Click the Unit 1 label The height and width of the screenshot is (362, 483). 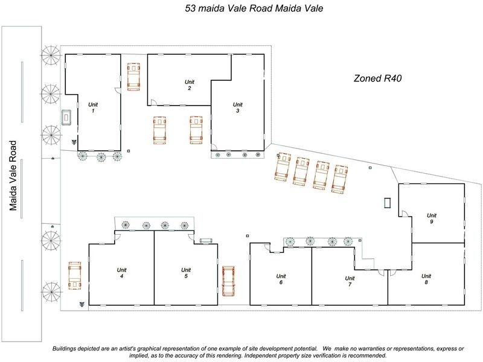[x=93, y=108]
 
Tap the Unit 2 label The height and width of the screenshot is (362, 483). [x=189, y=85]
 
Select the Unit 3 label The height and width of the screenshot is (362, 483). [x=238, y=107]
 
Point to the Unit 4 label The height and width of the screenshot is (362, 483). [x=121, y=273]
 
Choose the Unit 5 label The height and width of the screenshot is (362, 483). [x=186, y=273]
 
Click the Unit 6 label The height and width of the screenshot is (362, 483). [x=281, y=279]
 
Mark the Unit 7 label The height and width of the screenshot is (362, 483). [x=348, y=281]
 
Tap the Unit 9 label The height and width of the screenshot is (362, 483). [x=431, y=218]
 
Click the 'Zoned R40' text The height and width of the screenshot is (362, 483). [x=377, y=78]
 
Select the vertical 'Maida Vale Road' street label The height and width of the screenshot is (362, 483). [x=13, y=175]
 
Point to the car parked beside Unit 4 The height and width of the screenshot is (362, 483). [x=75, y=277]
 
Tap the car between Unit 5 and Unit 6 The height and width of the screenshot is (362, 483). [x=228, y=281]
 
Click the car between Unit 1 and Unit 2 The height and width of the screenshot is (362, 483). [x=133, y=77]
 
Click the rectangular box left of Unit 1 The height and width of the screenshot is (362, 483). [x=66, y=117]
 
